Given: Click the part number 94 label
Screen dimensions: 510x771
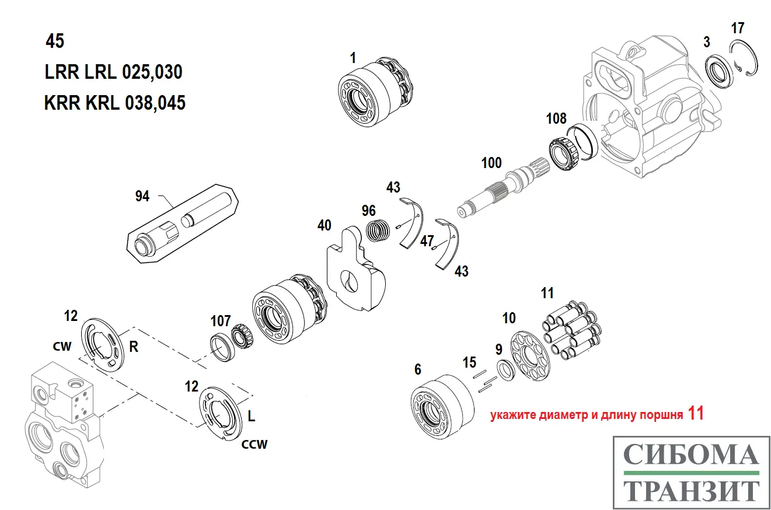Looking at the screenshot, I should tap(142, 197).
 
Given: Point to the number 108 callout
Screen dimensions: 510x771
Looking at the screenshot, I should tap(556, 119).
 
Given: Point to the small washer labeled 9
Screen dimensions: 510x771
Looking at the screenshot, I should tap(505, 370).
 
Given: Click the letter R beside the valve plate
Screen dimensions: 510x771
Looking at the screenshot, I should tap(133, 347).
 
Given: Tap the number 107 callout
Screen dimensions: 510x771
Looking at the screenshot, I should tap(220, 321).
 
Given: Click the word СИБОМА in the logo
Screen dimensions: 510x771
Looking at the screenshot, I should tap(691, 455).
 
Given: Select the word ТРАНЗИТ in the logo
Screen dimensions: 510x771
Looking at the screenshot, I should tap(691, 491).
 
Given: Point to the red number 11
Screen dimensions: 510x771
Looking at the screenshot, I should tap(696, 414).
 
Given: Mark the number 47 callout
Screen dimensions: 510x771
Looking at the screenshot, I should tap(427, 240).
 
